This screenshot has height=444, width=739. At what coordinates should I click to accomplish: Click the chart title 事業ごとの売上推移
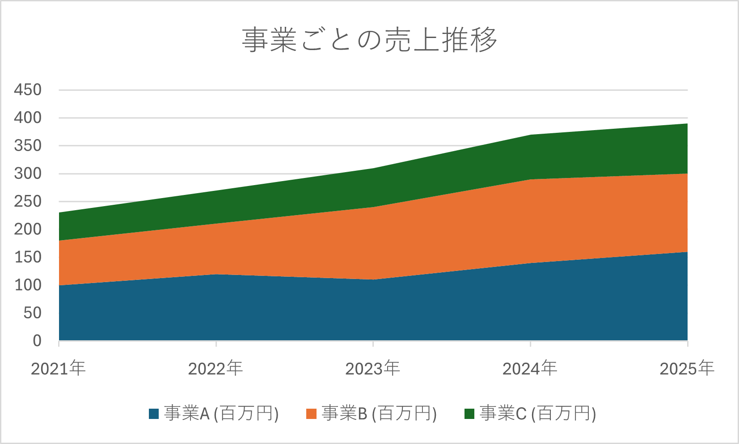(369, 40)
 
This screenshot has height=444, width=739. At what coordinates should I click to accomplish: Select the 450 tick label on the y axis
(28, 90)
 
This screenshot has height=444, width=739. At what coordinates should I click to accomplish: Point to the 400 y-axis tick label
(28, 118)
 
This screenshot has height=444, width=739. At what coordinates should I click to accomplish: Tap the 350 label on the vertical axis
(28, 146)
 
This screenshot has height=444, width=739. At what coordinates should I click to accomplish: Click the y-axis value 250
(28, 202)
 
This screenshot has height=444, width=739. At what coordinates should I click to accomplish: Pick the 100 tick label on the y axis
(28, 285)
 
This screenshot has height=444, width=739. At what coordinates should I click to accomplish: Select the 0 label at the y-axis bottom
(37, 341)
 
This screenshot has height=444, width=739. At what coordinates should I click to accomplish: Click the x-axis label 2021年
(59, 368)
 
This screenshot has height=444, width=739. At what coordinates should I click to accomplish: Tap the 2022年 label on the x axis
(215, 368)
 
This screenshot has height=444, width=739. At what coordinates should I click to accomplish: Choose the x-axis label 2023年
(373, 368)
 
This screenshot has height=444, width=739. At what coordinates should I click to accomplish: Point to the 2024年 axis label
(530, 368)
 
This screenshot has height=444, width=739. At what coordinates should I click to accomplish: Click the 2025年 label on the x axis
(687, 368)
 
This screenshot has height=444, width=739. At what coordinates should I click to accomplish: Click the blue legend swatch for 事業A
(154, 414)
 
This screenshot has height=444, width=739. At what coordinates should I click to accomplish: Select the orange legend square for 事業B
(311, 414)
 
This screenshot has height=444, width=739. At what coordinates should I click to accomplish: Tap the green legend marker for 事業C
(469, 414)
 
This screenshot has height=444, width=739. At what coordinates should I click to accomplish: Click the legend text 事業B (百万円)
(379, 414)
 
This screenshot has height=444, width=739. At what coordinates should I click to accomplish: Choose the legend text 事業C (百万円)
(538, 414)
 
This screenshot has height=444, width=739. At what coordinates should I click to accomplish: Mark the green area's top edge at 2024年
(530, 135)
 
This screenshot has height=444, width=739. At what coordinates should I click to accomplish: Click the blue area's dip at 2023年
(373, 280)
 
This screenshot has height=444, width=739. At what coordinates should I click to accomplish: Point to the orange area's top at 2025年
(686, 174)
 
